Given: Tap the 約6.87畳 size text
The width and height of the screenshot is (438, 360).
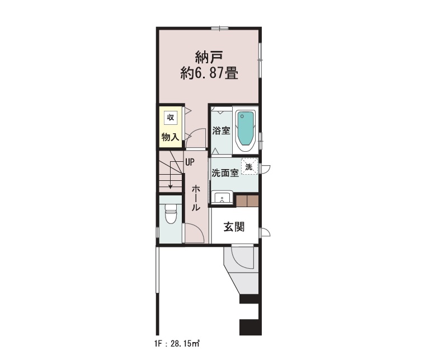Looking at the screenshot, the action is pos(209,73).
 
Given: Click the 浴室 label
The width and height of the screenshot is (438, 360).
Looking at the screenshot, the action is pos(221,130).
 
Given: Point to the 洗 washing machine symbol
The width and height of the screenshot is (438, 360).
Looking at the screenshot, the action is pos(249,167).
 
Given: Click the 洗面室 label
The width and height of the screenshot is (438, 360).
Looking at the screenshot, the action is pos(225,173).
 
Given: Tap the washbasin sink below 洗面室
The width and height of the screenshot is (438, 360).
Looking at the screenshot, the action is pos(222,197).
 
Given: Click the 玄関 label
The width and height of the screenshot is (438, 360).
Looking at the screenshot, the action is pos(234,227).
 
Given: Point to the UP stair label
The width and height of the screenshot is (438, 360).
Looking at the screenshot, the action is pos(190,162).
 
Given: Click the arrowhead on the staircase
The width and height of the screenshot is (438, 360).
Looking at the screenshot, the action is pos(171,186).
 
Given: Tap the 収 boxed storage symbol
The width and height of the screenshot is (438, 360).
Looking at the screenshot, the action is pos(170,118).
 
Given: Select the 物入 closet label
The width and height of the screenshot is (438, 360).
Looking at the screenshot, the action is pos(170,137).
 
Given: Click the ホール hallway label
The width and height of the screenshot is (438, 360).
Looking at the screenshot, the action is pos(196,198).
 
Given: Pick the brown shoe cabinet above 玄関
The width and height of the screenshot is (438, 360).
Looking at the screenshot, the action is pos(247,201).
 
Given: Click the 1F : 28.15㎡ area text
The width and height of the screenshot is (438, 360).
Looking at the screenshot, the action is pos(177,344).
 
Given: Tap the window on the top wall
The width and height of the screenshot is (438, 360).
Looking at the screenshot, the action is pos(220,28).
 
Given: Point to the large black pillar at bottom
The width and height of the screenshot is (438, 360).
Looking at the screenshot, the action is pos(251,326).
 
